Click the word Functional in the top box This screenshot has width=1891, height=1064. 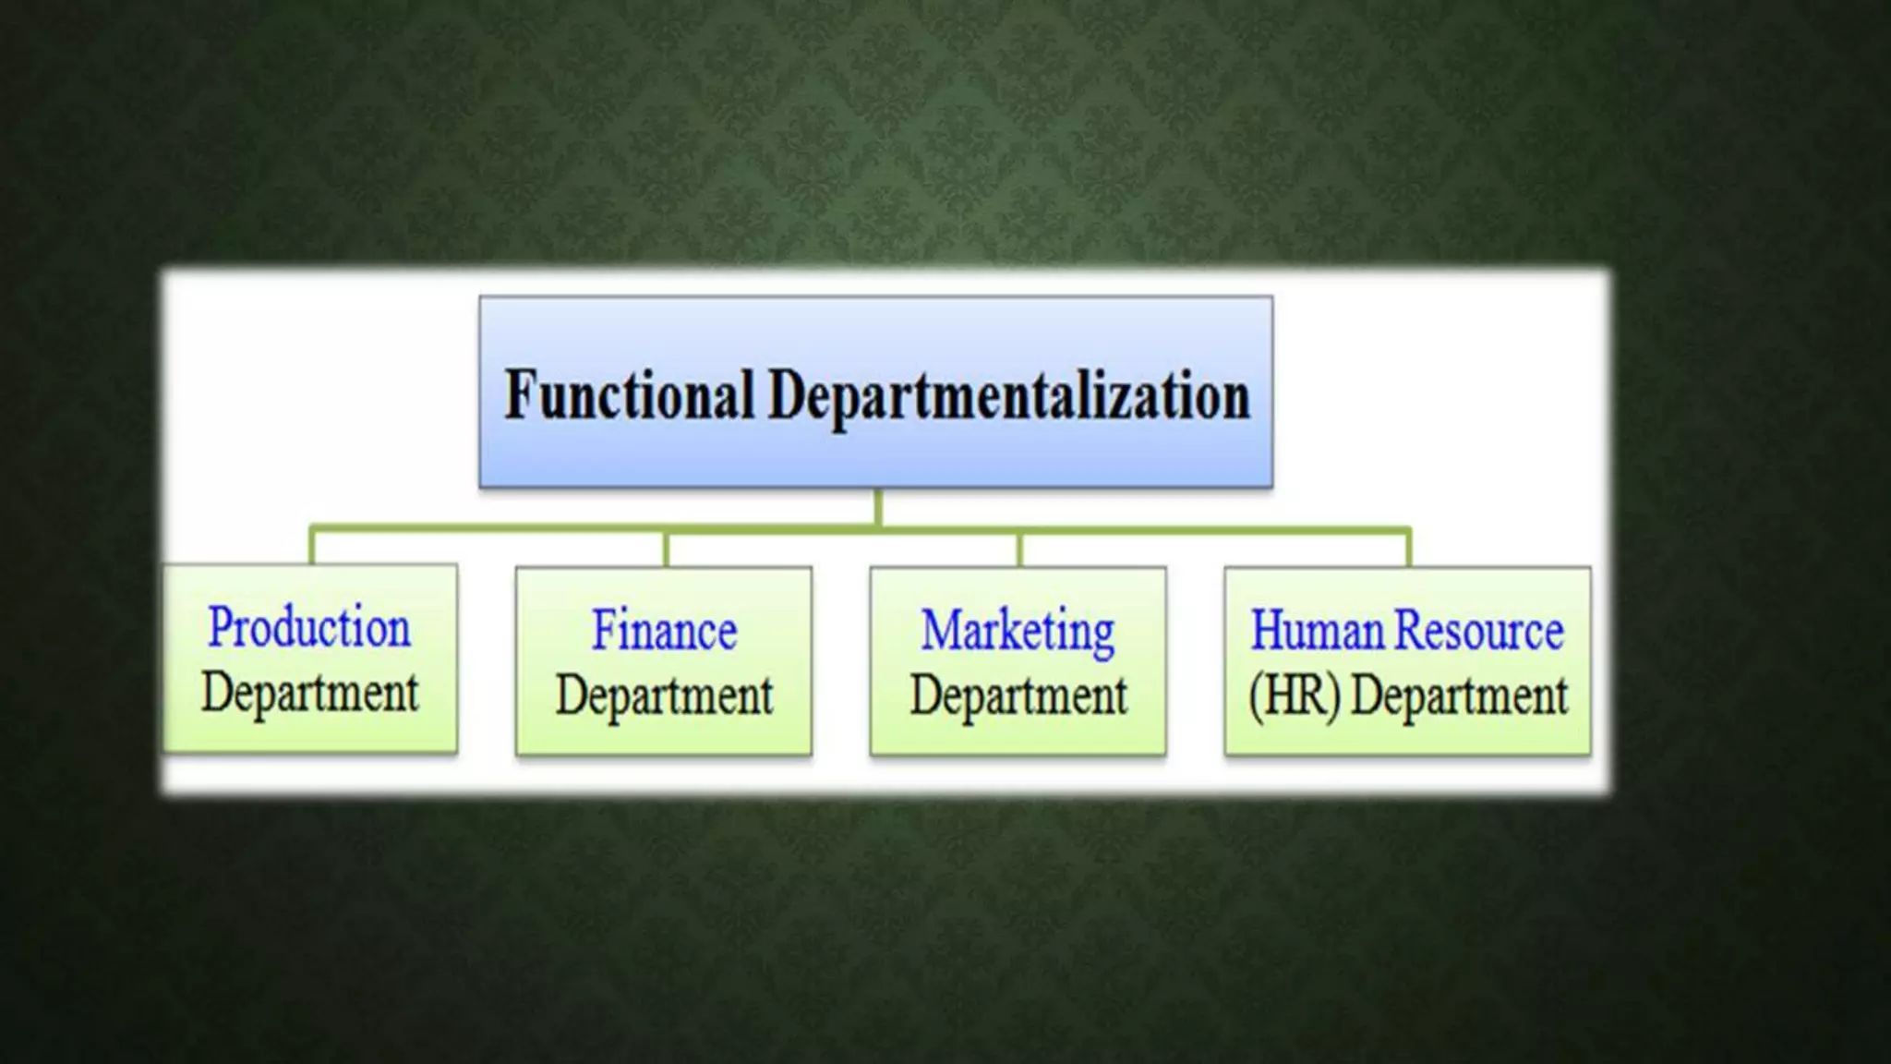629,396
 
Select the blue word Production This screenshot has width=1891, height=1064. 309,628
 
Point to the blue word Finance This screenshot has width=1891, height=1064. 664,631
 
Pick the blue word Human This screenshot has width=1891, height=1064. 1319,631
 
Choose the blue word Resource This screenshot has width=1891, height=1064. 1479,631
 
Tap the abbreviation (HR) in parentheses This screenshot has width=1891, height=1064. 1294,695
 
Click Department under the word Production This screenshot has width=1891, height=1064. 310,693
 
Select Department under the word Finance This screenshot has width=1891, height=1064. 664,695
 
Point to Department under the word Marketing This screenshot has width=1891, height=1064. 1018,695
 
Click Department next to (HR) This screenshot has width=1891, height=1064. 1459,695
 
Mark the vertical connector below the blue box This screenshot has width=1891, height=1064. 877,507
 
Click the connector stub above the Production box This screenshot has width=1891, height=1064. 312,546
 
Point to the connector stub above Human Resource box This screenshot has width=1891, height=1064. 1409,548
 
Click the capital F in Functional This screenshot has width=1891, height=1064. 520,394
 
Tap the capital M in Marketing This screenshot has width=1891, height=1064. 941,631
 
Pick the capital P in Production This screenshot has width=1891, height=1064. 219,627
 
